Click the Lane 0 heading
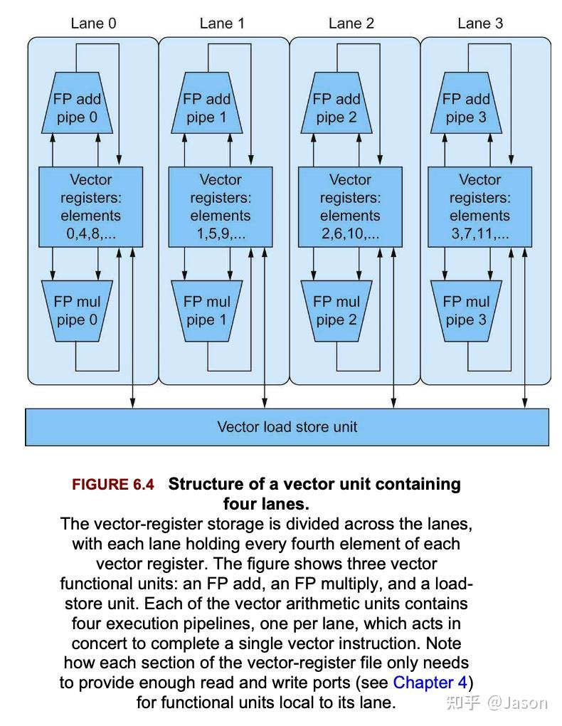(x=93, y=23)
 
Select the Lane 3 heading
(x=480, y=23)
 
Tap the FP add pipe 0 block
(x=77, y=107)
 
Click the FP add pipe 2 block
(x=336, y=107)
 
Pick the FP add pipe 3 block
(x=466, y=107)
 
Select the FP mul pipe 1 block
(x=206, y=310)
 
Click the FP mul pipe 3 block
(x=466, y=310)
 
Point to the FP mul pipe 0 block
(x=77, y=310)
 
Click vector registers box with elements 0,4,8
(x=90, y=207)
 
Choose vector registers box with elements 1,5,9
(x=220, y=207)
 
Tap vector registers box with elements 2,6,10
(x=350, y=207)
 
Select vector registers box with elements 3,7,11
(x=479, y=207)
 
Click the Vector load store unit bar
(x=287, y=427)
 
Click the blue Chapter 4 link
(x=430, y=683)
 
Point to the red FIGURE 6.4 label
(x=112, y=485)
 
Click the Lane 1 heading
(x=222, y=23)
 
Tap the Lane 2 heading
(x=351, y=23)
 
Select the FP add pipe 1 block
(x=206, y=107)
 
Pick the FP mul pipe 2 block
(x=336, y=310)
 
